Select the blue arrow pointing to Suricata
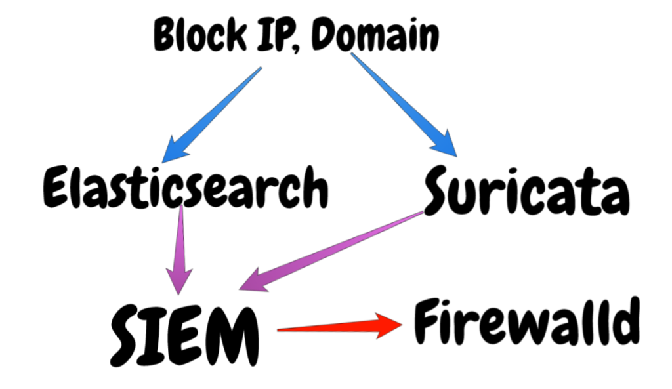404,105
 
